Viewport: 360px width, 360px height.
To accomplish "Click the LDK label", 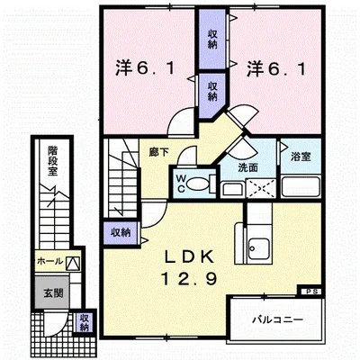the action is tap(190, 256).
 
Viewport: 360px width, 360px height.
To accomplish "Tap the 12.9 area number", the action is tap(189, 278).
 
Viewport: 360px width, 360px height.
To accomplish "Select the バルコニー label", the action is tap(277, 319).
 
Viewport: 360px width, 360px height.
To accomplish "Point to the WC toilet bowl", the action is tap(197, 184).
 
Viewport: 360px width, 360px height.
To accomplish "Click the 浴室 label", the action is tap(301, 157).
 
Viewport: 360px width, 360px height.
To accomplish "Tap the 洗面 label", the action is tap(248, 167).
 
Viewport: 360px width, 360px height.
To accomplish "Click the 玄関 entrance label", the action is tap(53, 293).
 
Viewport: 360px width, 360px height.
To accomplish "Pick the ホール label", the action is tap(49, 261).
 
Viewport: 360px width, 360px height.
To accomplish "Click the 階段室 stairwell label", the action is tap(52, 160).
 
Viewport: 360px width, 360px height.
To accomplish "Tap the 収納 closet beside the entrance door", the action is tap(85, 322).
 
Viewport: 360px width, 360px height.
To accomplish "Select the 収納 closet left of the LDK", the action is tap(121, 232).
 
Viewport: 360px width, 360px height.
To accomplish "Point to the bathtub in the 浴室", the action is tap(301, 187).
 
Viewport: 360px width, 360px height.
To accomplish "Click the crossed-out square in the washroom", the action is tap(260, 188).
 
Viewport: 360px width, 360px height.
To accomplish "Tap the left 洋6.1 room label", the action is tap(145, 69).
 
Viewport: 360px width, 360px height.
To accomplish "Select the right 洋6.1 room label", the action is tap(276, 69).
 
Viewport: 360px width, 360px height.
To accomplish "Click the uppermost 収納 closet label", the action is tap(212, 40).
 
